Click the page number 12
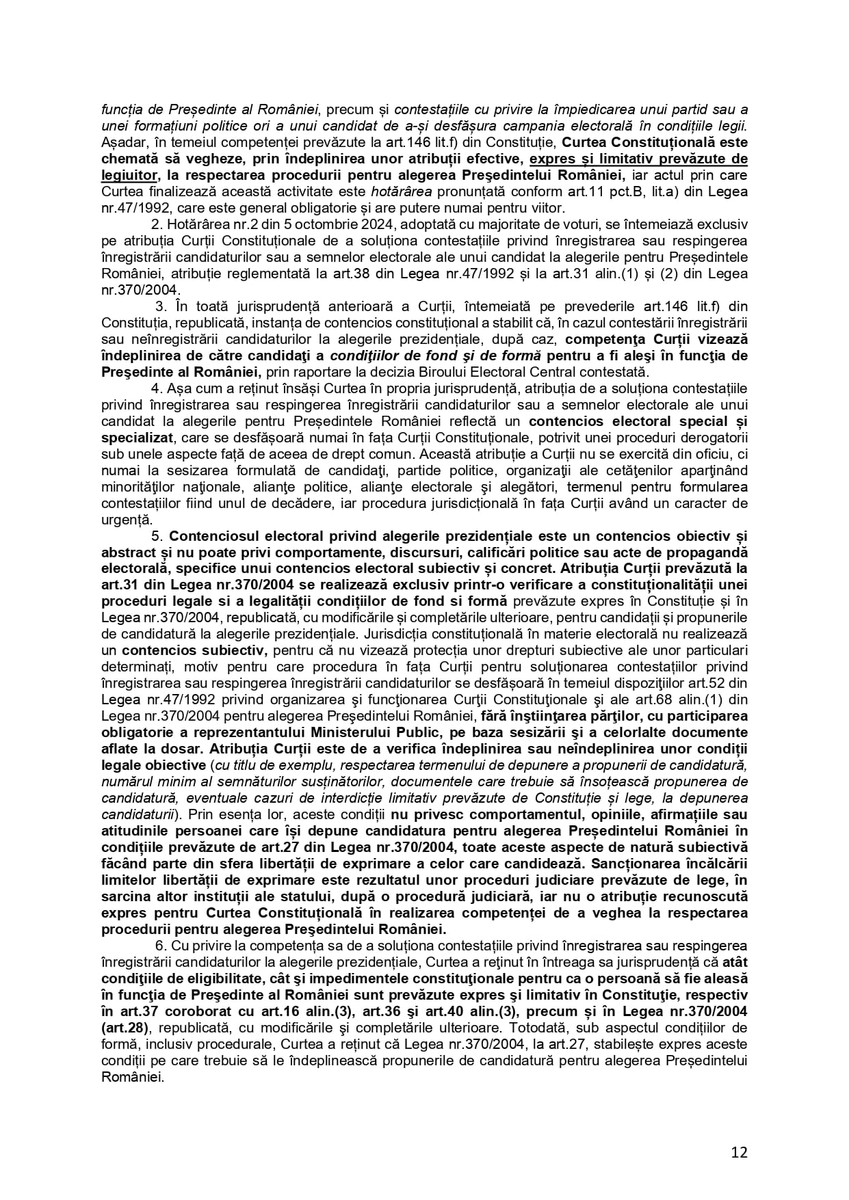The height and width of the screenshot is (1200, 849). tap(739, 1153)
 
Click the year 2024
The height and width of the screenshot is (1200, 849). tap(337, 225)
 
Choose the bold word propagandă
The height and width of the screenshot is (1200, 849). tap(710, 552)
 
